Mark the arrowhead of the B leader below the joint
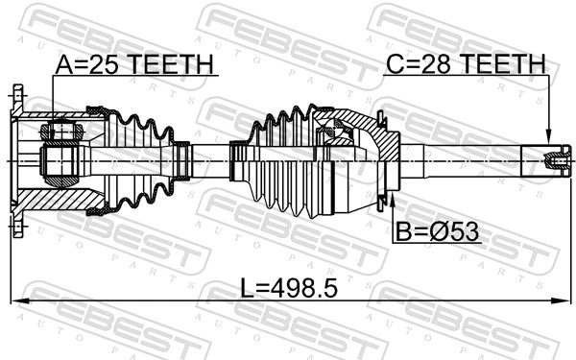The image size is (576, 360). pyautogui.click(x=392, y=199)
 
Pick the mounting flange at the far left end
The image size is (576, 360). pyautogui.click(x=17, y=158)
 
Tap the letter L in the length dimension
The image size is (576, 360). pyautogui.click(x=247, y=288)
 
